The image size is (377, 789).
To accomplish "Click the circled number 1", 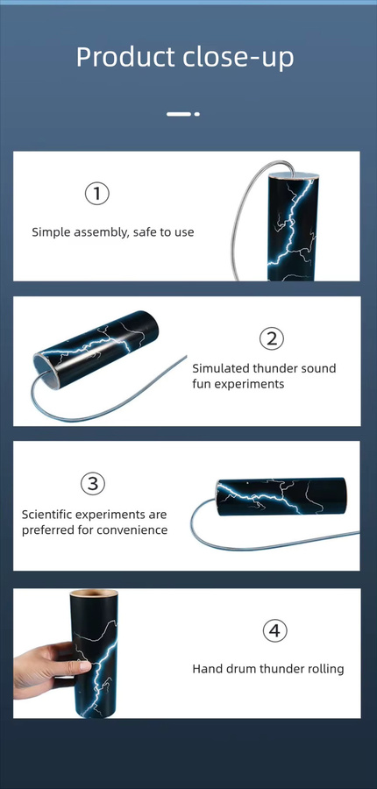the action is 96,194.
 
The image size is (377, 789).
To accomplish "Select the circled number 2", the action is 272,339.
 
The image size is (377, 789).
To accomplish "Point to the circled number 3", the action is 93,484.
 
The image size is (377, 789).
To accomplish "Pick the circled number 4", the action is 274,630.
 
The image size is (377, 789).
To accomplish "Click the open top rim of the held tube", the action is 94,594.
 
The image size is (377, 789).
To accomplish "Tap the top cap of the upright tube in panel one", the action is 294,175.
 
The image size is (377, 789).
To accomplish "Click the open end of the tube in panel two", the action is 45,370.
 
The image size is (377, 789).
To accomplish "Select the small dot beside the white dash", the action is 196,114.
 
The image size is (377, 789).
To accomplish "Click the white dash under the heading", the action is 179,114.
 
